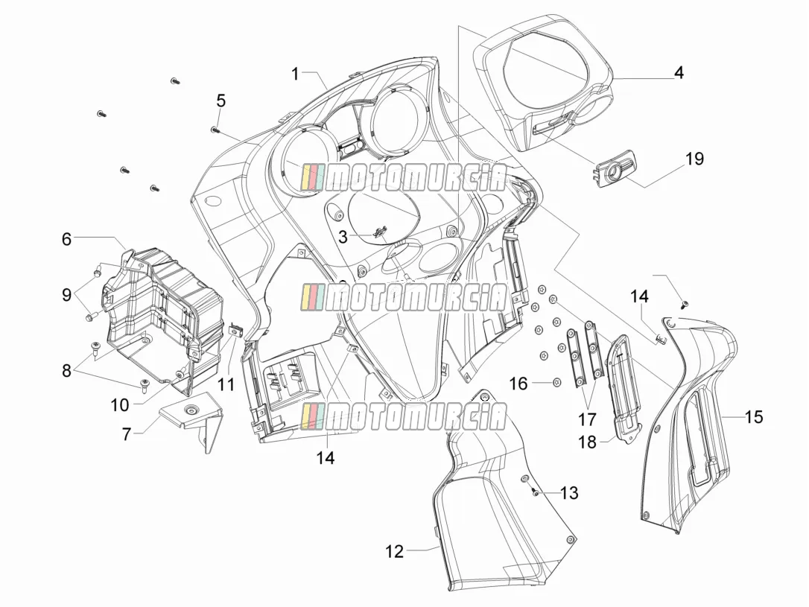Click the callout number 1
point(295,74)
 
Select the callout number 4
point(679,73)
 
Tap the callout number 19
point(695,159)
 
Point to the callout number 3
point(343,238)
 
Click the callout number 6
point(66,239)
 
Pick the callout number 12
point(395,552)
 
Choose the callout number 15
point(754,416)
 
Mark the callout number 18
point(588,442)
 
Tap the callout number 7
point(127,434)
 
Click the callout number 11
point(226,384)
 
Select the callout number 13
point(569,493)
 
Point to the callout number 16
point(519,384)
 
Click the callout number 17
point(587,420)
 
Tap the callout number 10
point(120,405)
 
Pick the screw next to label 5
point(215,116)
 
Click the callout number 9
point(66,295)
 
